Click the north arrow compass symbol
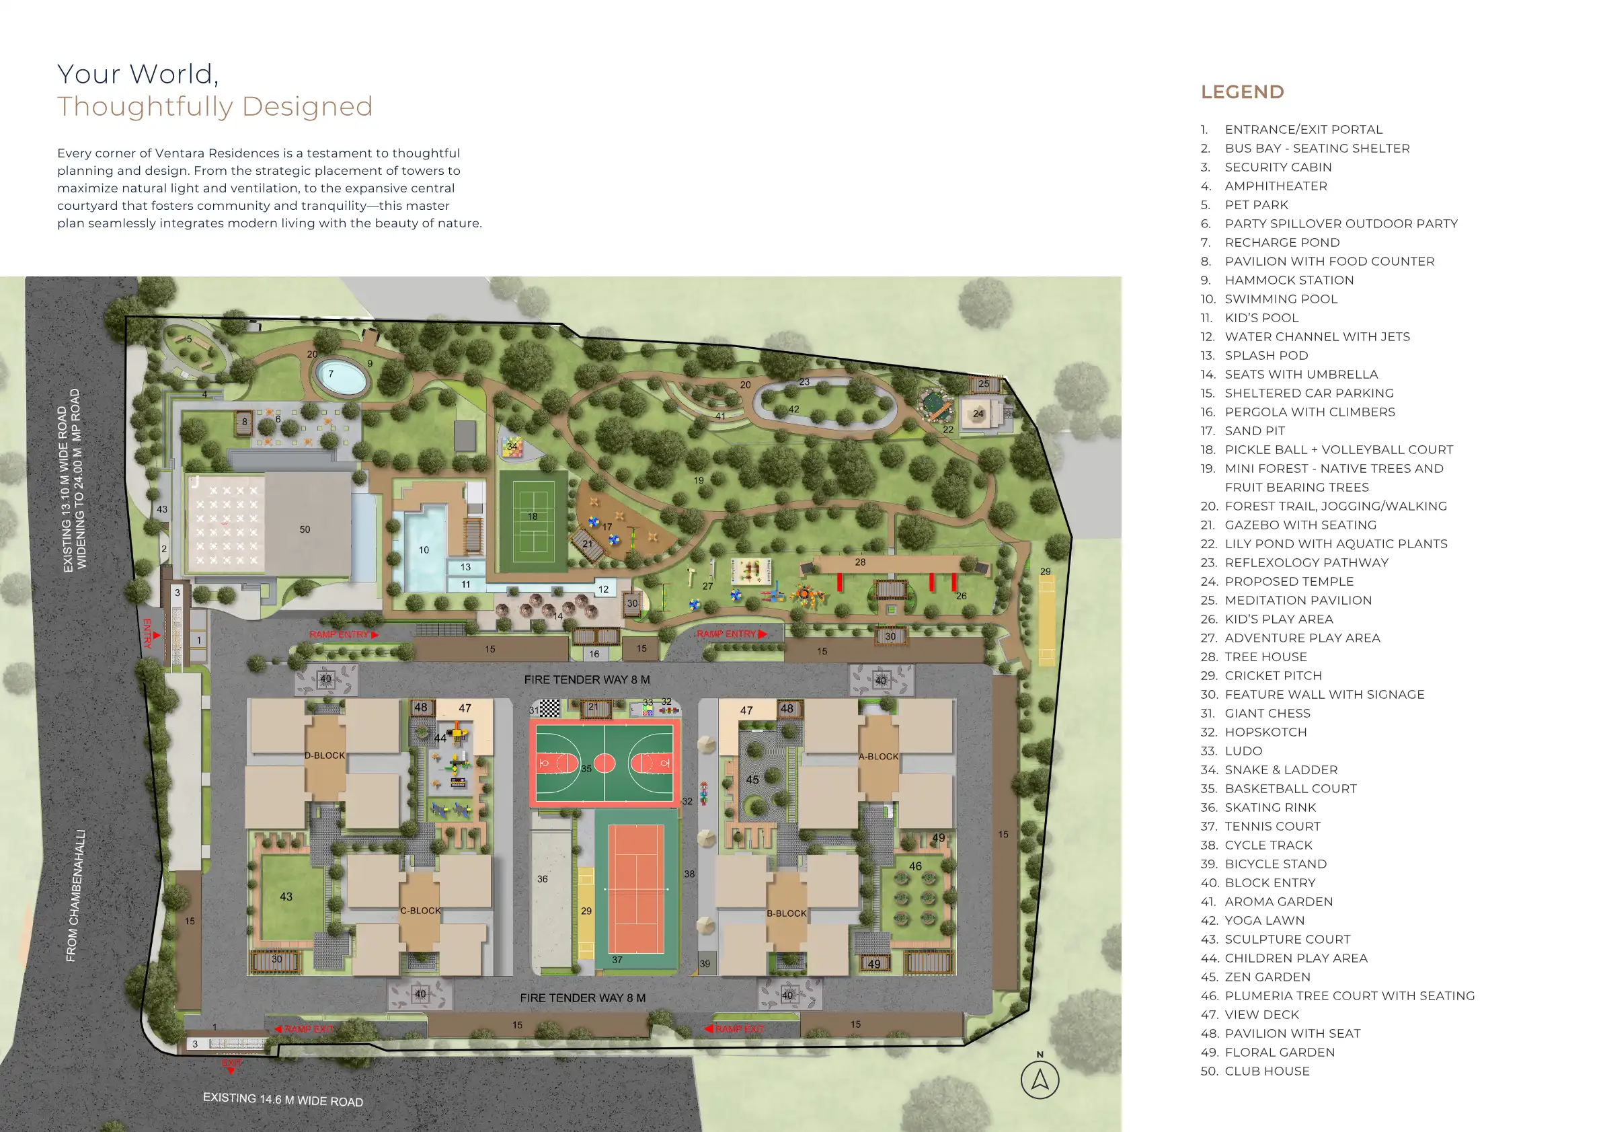tap(1040, 1080)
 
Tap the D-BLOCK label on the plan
tap(324, 755)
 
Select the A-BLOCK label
tap(879, 756)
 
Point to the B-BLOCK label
tap(787, 913)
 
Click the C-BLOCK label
tap(420, 910)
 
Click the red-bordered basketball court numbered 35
tap(604, 763)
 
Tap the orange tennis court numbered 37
tap(636, 889)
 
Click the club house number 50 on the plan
tap(305, 529)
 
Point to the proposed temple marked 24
tap(978, 414)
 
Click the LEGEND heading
tap(1242, 92)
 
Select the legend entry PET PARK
tap(1245, 204)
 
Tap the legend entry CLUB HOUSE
tap(1255, 1071)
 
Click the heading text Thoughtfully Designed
tap(214, 106)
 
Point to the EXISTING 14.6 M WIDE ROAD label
tap(283, 1100)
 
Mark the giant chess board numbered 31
tap(549, 708)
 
